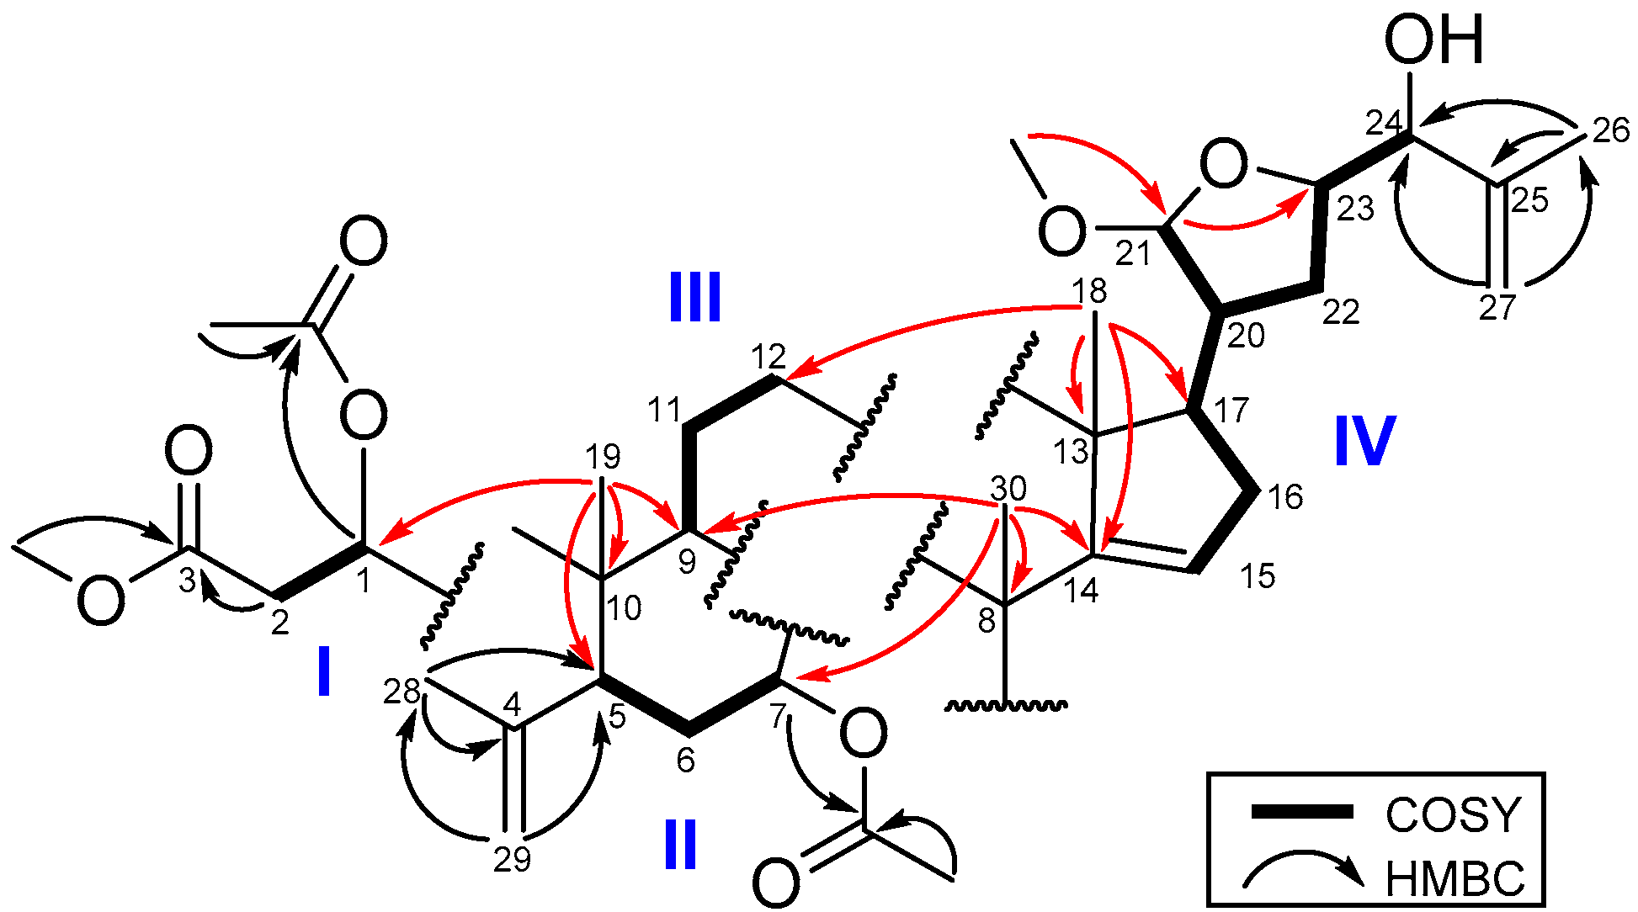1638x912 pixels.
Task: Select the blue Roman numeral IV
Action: click(1364, 440)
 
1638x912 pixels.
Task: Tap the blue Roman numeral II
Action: click(680, 844)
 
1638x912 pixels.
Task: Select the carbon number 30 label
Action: click(1008, 488)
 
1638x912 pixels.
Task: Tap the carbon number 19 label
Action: click(603, 457)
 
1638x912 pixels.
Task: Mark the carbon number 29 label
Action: click(512, 860)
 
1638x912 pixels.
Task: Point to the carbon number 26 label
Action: click(1611, 130)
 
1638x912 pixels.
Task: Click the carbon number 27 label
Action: click(1497, 308)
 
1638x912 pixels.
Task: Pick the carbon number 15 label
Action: click(1258, 576)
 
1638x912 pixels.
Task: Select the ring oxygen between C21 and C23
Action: click(1223, 165)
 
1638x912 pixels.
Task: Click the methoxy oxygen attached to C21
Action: click(1061, 231)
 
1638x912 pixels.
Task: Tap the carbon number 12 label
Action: click(768, 357)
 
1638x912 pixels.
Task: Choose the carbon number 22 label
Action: click(1341, 312)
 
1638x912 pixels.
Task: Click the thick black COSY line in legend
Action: click(1301, 812)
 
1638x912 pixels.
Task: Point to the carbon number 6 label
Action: click(686, 761)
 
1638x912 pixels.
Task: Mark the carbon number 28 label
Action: click(402, 692)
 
